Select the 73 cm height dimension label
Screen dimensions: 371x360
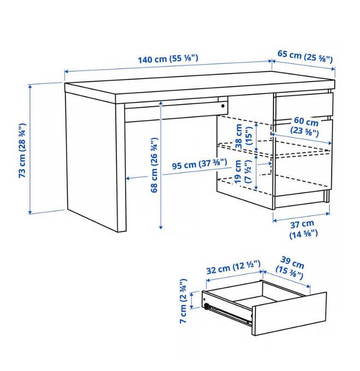(x=22, y=151)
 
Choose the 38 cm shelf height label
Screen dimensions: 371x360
(x=239, y=136)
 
